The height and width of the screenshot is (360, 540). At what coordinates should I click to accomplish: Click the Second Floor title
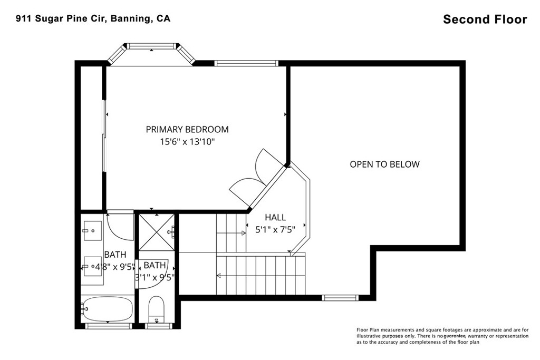click(485, 20)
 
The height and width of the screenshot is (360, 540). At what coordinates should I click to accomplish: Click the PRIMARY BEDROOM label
click(187, 130)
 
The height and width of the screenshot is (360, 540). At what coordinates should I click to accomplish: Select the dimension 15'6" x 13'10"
click(187, 141)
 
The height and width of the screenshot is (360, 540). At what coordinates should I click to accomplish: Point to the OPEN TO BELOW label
click(384, 164)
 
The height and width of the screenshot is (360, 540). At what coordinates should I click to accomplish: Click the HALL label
click(275, 217)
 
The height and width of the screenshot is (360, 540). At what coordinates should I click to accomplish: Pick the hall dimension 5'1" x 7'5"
click(275, 229)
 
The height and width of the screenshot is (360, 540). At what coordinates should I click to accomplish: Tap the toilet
click(156, 308)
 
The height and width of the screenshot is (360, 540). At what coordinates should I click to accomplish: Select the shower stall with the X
click(157, 232)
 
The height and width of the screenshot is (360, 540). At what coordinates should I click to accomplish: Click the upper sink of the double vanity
click(93, 230)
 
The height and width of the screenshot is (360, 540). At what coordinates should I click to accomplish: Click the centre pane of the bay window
click(151, 46)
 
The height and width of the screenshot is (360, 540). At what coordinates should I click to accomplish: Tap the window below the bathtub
click(108, 326)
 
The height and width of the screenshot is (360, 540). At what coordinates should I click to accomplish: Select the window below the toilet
click(159, 326)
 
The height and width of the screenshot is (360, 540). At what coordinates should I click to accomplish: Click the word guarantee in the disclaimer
click(455, 336)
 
